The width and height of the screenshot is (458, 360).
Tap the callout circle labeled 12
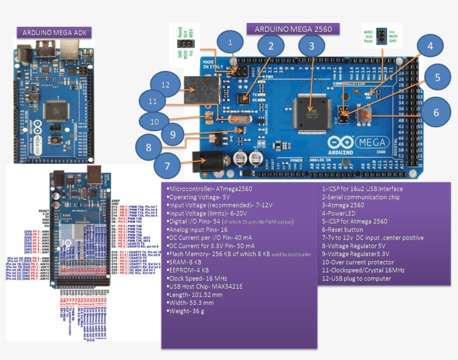165,85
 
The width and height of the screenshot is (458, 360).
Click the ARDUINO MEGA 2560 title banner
300,29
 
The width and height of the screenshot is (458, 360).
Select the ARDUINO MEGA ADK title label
54,33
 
